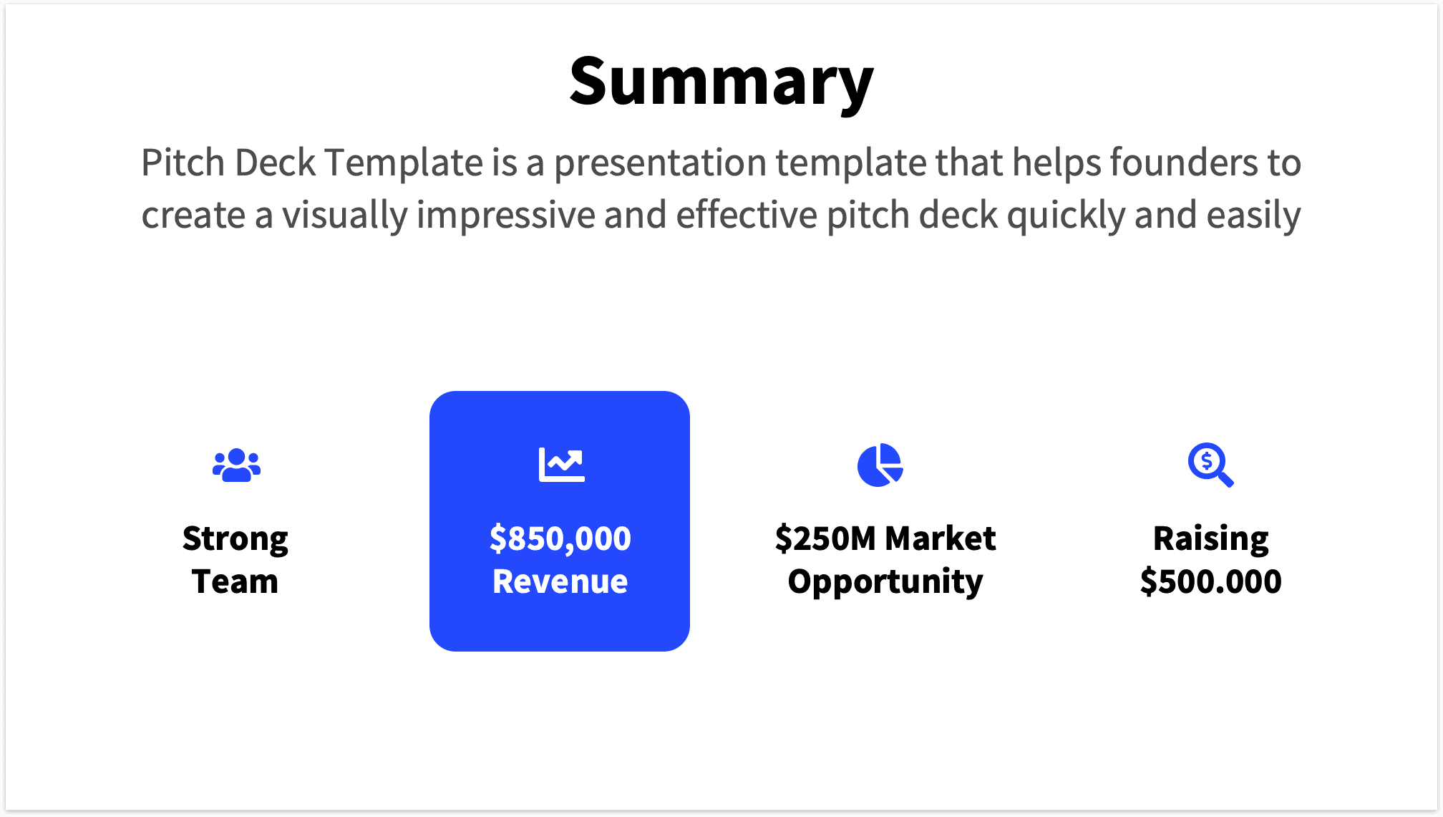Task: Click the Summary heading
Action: (x=721, y=82)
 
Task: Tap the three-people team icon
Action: (x=236, y=465)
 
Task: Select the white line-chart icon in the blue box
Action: (x=561, y=465)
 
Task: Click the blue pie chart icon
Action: (x=880, y=465)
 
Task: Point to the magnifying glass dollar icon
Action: (x=1210, y=465)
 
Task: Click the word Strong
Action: (x=235, y=539)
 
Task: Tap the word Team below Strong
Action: (x=235, y=581)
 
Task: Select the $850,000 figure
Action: (x=560, y=538)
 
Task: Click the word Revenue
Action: (x=560, y=581)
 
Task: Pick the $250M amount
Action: (x=825, y=538)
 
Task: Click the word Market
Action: (x=941, y=538)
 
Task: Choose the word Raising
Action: (x=1210, y=539)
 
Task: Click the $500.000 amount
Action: (x=1210, y=581)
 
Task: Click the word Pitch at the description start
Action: (x=183, y=163)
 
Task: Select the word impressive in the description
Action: (x=505, y=216)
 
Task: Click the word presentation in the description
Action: (x=660, y=163)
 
